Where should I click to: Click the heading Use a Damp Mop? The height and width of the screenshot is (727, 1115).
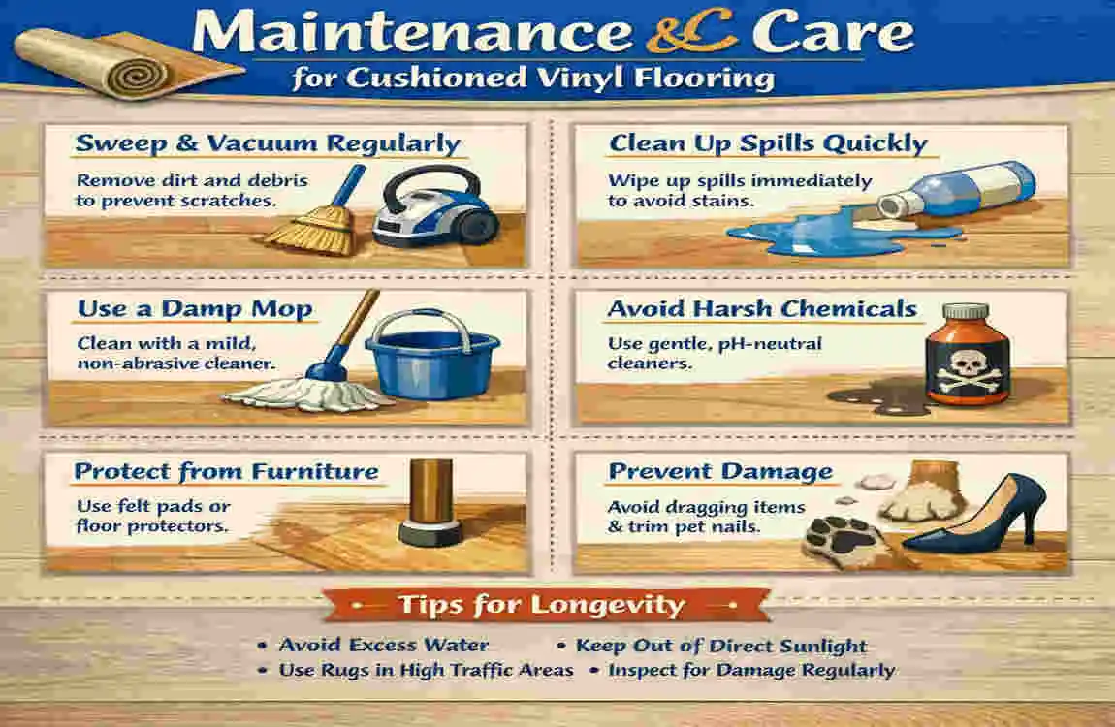(195, 310)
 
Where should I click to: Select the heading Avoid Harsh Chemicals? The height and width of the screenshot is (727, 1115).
(762, 309)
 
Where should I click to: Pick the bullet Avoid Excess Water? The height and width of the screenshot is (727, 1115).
(383, 646)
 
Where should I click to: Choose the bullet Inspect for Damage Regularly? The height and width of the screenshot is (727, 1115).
(751, 670)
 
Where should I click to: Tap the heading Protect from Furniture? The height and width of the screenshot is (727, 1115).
(226, 472)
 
